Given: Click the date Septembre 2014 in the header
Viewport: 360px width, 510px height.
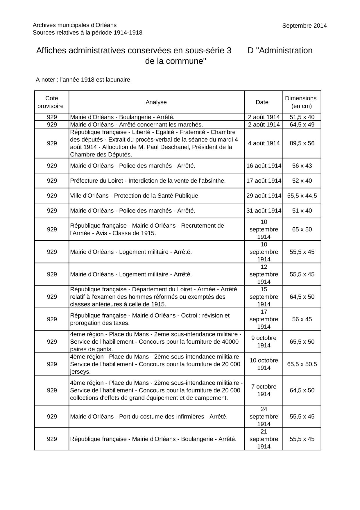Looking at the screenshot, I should coord(304,26).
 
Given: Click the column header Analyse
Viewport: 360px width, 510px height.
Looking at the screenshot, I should coord(156,102).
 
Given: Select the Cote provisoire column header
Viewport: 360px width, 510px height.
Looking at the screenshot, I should coord(52,102).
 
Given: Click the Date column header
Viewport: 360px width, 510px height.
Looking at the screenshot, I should coord(262,102).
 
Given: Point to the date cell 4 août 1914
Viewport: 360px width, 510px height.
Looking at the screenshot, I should coord(264,143).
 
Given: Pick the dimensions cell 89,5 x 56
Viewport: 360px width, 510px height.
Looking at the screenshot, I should coord(302,143).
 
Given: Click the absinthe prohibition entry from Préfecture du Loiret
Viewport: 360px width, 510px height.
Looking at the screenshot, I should coord(148,181).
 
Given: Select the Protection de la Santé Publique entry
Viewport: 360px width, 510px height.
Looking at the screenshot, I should coord(135,196).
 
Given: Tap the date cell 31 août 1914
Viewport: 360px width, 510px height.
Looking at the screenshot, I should coord(264,211).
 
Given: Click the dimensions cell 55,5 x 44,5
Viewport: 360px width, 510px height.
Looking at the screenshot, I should coord(302,196).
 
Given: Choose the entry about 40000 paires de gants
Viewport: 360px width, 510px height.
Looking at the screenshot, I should coord(155,342).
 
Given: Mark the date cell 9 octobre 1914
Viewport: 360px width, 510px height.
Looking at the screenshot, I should coord(264,342).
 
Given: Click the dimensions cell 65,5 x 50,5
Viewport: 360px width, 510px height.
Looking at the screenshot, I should coord(302,364).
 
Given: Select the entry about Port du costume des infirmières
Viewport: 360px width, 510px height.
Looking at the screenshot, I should coord(148,416).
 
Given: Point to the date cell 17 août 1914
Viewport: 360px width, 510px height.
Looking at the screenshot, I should coord(264,181).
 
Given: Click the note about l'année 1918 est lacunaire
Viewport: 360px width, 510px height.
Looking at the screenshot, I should coord(84,80).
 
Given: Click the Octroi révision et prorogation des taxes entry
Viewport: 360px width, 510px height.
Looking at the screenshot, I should coord(150,319).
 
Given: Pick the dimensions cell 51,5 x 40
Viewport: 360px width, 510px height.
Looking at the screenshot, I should coord(302,117).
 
